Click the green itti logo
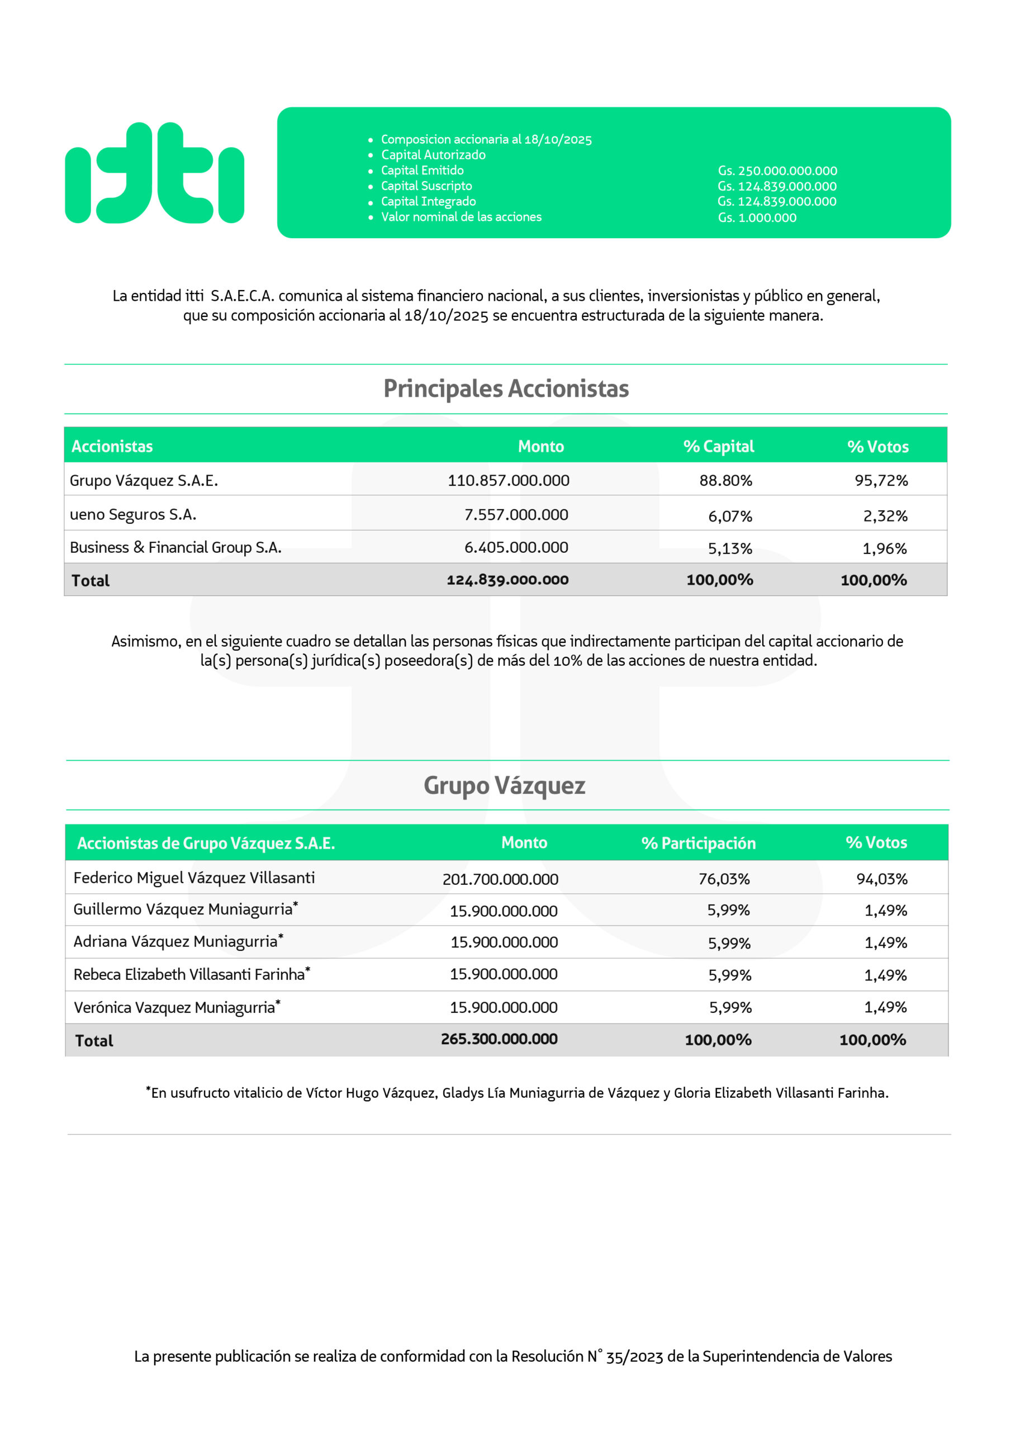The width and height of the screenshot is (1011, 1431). [x=154, y=173]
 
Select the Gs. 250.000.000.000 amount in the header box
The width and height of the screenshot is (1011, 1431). [x=777, y=171]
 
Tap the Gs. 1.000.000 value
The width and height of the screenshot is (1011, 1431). [x=757, y=217]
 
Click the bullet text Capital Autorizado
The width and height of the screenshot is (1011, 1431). [x=433, y=155]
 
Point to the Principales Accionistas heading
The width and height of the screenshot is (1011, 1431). [x=505, y=388]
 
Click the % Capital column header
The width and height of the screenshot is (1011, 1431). [x=718, y=446]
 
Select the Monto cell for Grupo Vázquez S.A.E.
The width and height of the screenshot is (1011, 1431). [x=508, y=481]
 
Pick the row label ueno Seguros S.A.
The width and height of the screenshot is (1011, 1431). [x=133, y=515]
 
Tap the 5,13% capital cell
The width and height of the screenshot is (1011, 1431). [x=729, y=548]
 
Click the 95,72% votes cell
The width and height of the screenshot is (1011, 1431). [x=881, y=481]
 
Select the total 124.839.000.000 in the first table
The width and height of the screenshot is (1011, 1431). [x=507, y=580]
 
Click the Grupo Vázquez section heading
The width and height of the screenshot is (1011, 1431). [x=504, y=785]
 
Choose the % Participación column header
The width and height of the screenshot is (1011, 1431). [x=698, y=844]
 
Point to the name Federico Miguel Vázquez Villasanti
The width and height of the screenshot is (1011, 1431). [x=194, y=878]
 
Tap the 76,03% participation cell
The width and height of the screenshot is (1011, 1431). [x=724, y=879]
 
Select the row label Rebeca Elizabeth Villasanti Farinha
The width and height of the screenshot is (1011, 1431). [x=189, y=974]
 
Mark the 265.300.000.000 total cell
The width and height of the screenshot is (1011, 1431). [x=499, y=1039]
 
